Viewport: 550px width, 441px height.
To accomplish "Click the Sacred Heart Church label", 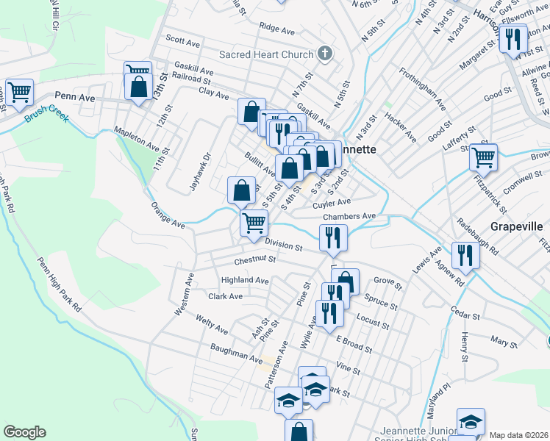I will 266,54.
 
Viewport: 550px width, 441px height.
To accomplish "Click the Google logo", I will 24,432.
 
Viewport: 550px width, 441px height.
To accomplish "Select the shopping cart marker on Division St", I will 254,222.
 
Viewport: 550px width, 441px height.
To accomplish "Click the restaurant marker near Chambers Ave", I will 334,237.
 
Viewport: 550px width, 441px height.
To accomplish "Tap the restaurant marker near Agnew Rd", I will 465,254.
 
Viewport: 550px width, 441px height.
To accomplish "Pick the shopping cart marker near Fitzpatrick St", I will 483,157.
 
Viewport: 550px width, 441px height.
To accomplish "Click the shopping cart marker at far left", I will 19,92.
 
